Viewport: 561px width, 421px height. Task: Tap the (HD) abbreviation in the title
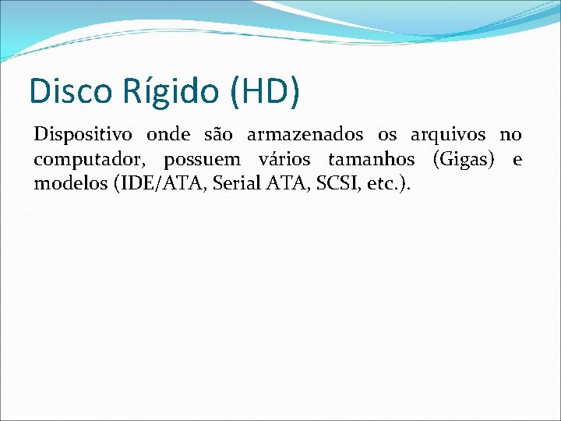(264, 90)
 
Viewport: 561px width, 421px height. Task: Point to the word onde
(169, 135)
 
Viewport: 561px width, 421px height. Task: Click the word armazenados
(305, 135)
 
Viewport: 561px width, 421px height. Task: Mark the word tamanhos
(371, 161)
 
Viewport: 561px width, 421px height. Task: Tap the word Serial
(226, 186)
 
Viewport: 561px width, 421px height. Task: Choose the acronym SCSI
(323, 186)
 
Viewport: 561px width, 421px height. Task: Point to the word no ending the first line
(510, 135)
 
